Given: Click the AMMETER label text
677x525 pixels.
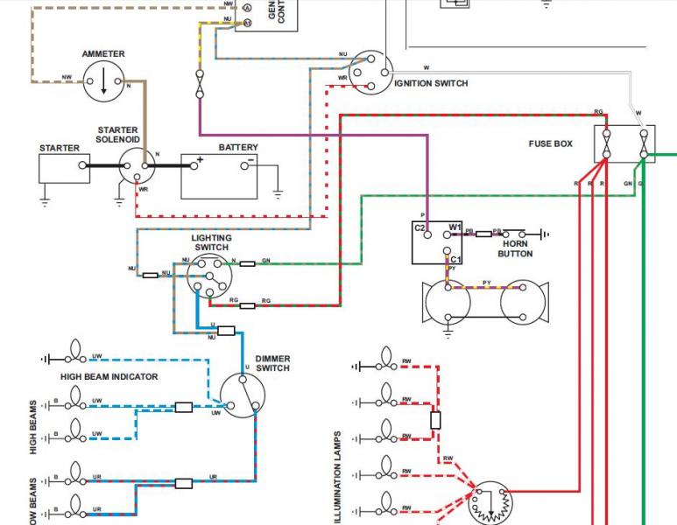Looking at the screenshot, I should click(103, 54).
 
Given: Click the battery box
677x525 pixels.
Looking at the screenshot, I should click(219, 176).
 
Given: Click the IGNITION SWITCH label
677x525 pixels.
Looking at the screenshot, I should click(431, 84).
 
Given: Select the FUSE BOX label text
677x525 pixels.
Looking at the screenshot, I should click(550, 143).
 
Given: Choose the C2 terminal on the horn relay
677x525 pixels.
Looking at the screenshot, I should click(420, 228).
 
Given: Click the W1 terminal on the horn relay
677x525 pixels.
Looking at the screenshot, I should click(455, 228).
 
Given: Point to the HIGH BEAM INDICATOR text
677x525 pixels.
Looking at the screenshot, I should click(109, 376).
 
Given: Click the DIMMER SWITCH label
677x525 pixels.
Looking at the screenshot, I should click(272, 363).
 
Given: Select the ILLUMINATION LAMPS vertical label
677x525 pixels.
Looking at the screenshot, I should click(338, 476).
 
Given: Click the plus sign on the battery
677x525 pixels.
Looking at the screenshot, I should click(200, 160).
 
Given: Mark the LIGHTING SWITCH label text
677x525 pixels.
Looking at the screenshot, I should click(211, 242).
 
